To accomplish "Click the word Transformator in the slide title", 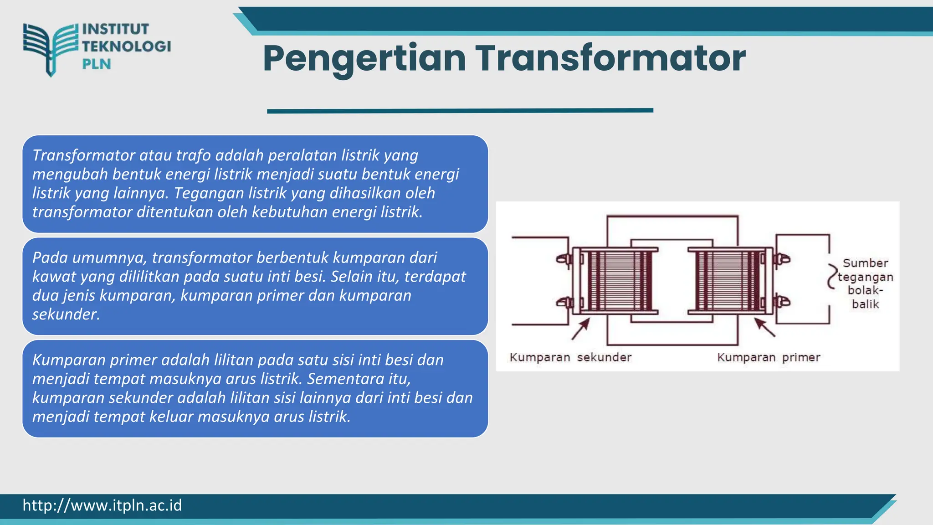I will pyautogui.click(x=610, y=58).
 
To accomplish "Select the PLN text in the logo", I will pyautogui.click(x=97, y=64).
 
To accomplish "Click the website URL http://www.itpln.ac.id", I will pyautogui.click(x=102, y=505).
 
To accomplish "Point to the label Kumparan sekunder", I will pyautogui.click(x=570, y=357).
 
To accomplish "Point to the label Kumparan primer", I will pyautogui.click(x=769, y=357).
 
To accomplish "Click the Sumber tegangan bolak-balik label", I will pyautogui.click(x=865, y=283).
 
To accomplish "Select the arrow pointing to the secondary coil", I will pyautogui.click(x=580, y=329).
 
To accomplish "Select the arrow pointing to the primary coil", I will pyautogui.click(x=765, y=328).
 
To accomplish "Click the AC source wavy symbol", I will pyautogui.click(x=832, y=276).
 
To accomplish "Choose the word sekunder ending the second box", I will pyautogui.click(x=66, y=314).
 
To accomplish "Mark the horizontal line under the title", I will pyautogui.click(x=460, y=111).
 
